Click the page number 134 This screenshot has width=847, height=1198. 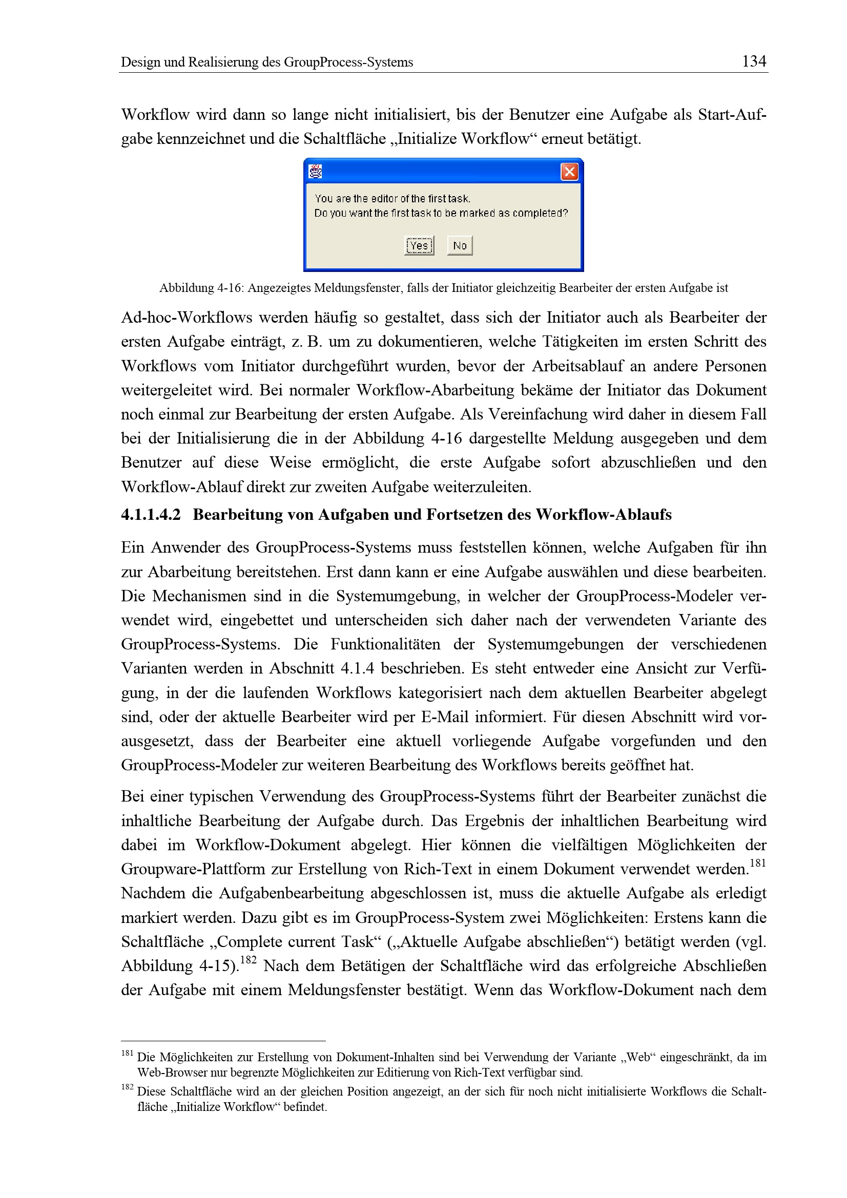(x=754, y=61)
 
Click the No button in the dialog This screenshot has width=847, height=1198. (x=459, y=246)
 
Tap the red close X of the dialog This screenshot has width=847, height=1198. (x=569, y=172)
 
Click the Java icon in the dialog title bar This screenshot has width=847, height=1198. (x=315, y=172)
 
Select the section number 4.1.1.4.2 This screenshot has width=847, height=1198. (x=151, y=515)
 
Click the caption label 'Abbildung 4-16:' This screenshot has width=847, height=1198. (x=201, y=288)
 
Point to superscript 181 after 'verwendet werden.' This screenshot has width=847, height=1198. (x=757, y=864)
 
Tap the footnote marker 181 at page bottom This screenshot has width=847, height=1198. (x=128, y=1053)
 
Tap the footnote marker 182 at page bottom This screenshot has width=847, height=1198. (x=128, y=1087)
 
